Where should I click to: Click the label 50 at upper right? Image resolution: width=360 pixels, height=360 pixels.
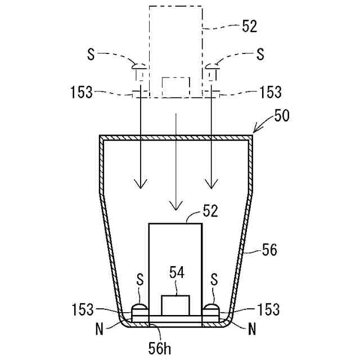[x=282, y=116]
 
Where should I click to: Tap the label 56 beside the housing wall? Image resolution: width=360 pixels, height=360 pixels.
[x=269, y=250]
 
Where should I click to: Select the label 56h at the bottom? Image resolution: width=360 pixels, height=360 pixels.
[x=160, y=348]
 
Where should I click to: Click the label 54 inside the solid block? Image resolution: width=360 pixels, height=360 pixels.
[x=177, y=272]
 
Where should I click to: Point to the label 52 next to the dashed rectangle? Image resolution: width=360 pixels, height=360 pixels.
[x=249, y=26]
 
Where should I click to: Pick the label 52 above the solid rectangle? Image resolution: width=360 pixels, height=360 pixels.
[x=210, y=211]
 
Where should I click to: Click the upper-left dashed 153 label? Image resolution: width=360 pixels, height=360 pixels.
[x=82, y=92]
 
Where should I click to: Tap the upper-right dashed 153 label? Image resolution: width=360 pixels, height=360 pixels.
[x=270, y=92]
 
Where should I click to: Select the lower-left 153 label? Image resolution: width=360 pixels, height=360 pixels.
[x=83, y=309]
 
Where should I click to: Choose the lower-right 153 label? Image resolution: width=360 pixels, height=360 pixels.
[x=268, y=309]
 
